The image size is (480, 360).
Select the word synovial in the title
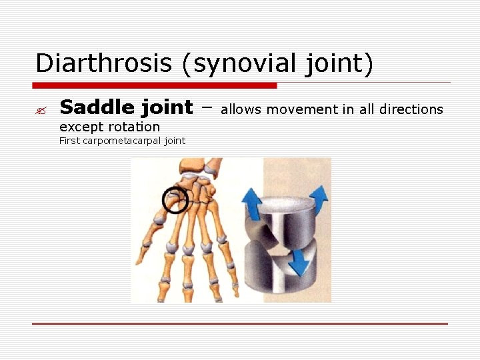(235, 63)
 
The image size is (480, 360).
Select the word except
(79, 127)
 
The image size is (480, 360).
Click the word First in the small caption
(69, 141)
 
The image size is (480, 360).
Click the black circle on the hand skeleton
(175, 199)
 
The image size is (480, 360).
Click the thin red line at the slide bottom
(240, 324)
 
